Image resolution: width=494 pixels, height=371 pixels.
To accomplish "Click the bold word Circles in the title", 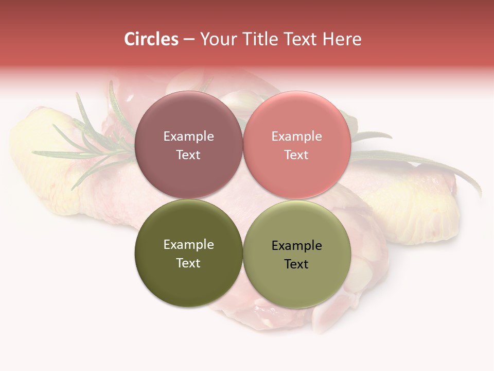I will [151, 39].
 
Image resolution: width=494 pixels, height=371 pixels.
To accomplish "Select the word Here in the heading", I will [343, 39].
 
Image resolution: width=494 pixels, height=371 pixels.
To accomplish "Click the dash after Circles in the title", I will [189, 40].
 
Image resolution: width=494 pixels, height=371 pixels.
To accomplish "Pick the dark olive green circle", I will [188, 278].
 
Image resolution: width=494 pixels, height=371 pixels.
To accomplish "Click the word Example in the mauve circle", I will [188, 137].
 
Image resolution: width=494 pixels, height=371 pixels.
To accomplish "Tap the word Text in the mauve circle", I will [188, 155].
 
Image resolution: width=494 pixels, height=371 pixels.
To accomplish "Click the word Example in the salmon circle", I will [296, 137].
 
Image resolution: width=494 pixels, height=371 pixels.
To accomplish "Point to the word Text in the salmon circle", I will [296, 155].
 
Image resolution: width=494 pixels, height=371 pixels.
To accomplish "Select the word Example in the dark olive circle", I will [188, 245].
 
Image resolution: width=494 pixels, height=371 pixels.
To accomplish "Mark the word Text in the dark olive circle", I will [188, 263].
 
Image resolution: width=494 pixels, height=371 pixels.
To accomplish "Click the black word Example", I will [296, 246].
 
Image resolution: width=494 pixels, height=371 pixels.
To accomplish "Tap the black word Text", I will [296, 264].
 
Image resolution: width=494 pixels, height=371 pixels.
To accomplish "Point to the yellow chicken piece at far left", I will [41, 165].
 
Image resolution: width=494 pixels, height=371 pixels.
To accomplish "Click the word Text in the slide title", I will [304, 39].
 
